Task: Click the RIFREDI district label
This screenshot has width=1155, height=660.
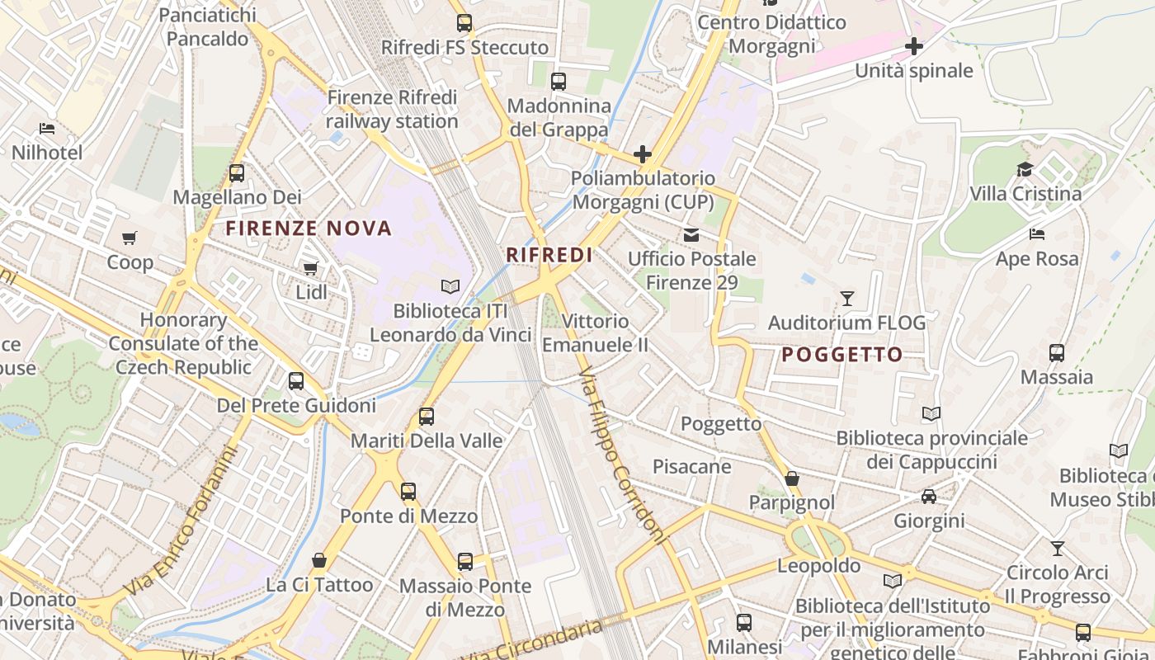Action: pos(549,255)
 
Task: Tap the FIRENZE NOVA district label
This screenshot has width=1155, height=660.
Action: pos(309,229)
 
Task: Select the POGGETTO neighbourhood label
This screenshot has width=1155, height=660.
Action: pos(841,355)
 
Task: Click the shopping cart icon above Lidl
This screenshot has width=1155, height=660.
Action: pos(311,268)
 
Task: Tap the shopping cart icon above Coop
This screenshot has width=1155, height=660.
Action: pos(130,238)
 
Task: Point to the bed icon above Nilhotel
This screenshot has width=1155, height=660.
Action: pos(47,129)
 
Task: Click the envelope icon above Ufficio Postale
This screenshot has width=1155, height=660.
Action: pos(691,235)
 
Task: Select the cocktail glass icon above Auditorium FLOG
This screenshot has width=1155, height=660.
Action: pos(847,298)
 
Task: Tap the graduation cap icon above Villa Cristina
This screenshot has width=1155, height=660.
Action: pos(1025,170)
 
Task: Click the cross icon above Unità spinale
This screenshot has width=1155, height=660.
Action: pos(914,46)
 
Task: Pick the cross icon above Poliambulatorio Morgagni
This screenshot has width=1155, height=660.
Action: pos(643,154)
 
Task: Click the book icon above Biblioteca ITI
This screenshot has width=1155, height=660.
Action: pos(450,287)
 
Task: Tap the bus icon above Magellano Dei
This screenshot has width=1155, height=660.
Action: pos(237,173)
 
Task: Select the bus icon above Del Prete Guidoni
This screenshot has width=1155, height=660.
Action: pos(296,381)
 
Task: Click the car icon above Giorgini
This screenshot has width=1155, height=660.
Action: pos(929,497)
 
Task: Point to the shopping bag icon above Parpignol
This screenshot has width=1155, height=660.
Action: pos(792,478)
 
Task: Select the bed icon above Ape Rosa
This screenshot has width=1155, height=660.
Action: pos(1037,234)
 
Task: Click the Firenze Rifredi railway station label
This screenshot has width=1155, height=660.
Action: pos(392,109)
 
